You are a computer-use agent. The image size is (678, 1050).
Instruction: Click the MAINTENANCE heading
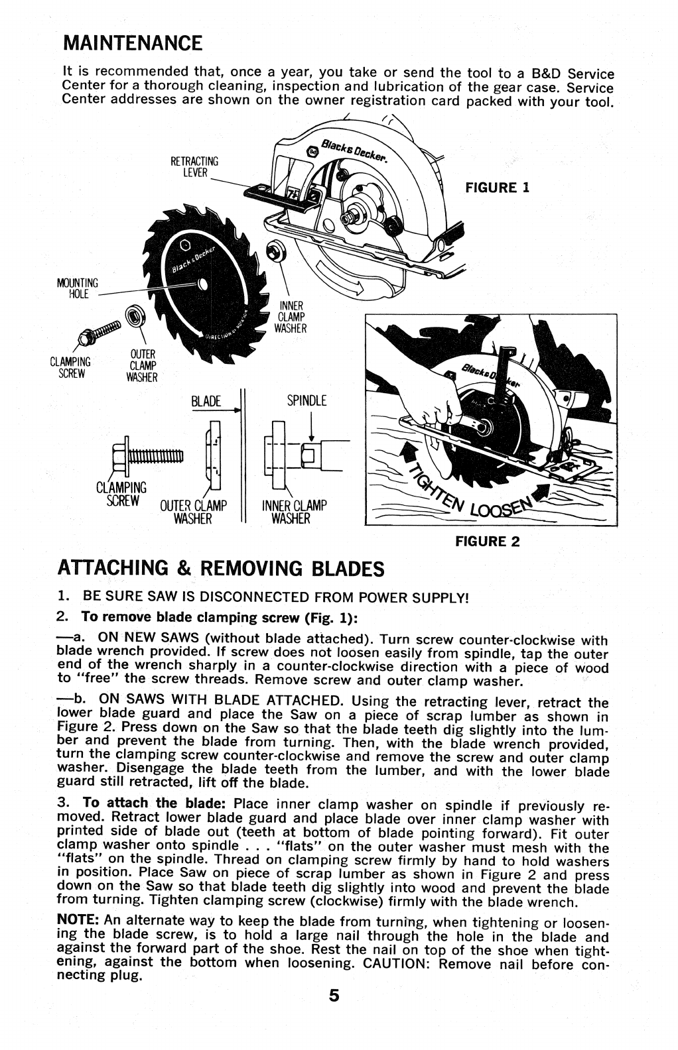(132, 44)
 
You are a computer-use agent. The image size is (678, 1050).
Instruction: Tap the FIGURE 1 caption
(497, 188)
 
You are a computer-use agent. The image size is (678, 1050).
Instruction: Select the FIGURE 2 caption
(487, 542)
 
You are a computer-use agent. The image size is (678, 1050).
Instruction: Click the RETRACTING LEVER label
(194, 166)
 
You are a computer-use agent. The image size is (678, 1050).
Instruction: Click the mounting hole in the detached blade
(203, 286)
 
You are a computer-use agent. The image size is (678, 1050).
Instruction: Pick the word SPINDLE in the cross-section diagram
(307, 401)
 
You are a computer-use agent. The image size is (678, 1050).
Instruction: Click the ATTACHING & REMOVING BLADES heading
(221, 569)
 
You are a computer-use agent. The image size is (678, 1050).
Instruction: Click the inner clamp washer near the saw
(273, 251)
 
